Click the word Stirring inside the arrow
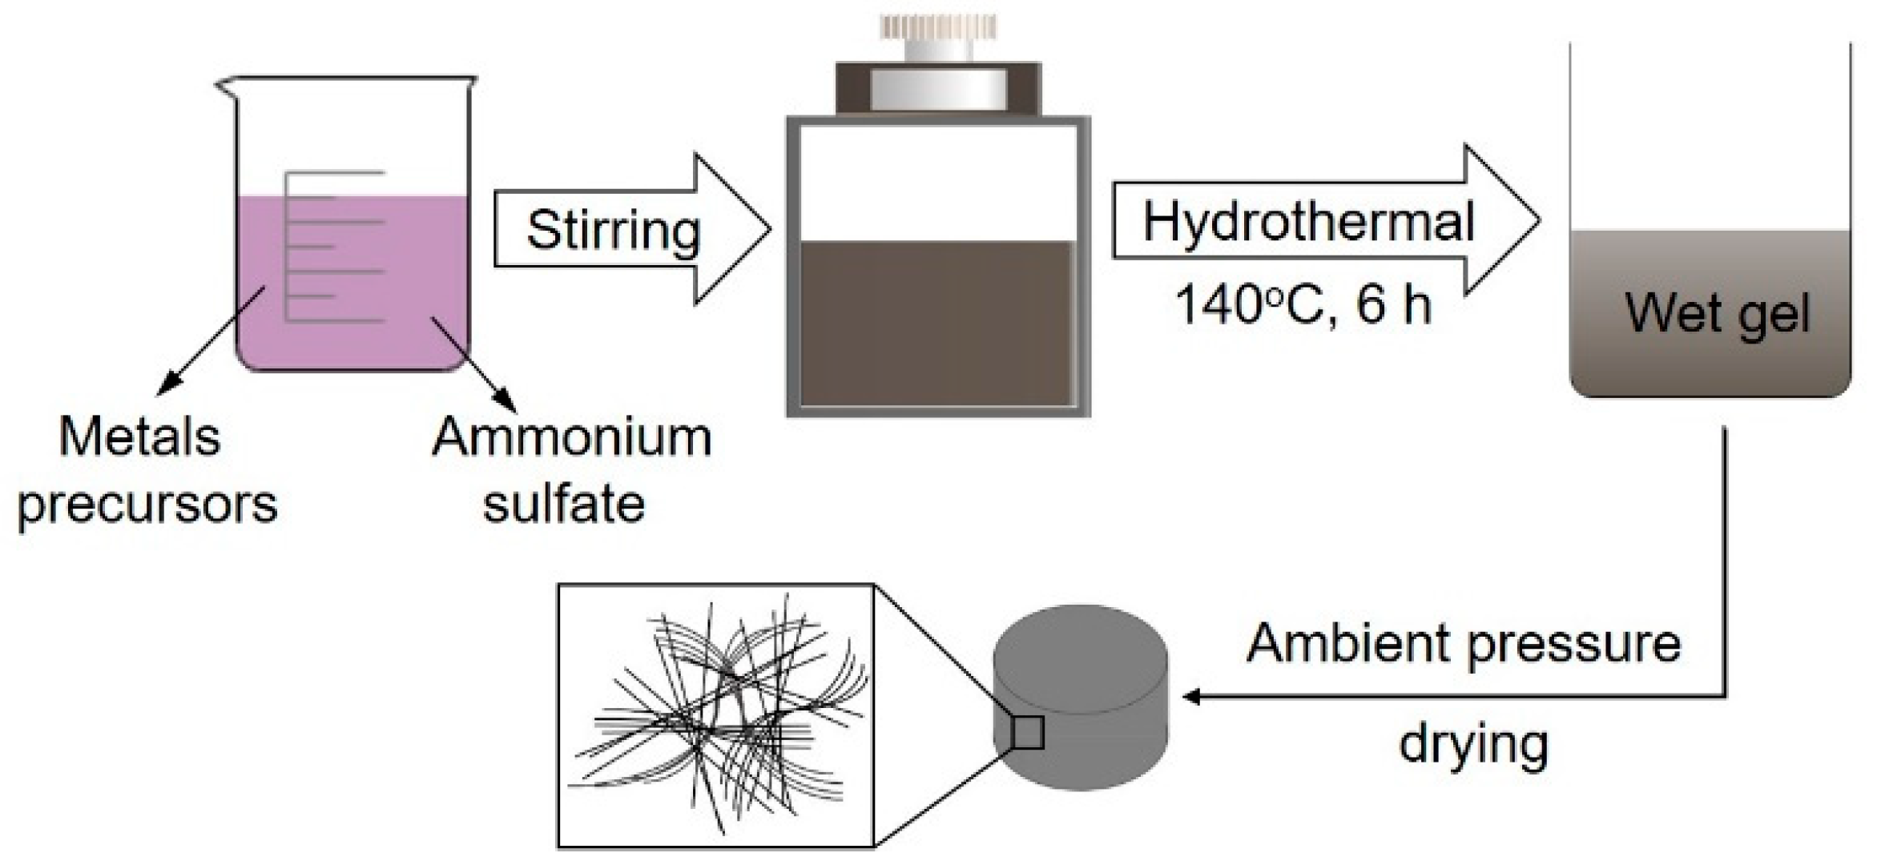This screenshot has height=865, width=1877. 613,231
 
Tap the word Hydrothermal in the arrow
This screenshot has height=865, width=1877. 1307,222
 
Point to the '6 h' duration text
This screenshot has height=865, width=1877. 1393,305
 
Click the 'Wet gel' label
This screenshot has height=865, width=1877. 1718,312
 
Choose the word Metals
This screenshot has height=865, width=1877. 139,437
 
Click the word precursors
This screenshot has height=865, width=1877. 147,505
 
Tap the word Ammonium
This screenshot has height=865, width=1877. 571,437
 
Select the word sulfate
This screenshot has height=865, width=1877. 564,505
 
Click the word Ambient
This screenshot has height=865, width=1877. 1353,643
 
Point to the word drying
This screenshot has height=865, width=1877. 1473,744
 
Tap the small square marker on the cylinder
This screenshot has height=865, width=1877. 1027,732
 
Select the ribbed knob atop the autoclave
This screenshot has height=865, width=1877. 938,28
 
